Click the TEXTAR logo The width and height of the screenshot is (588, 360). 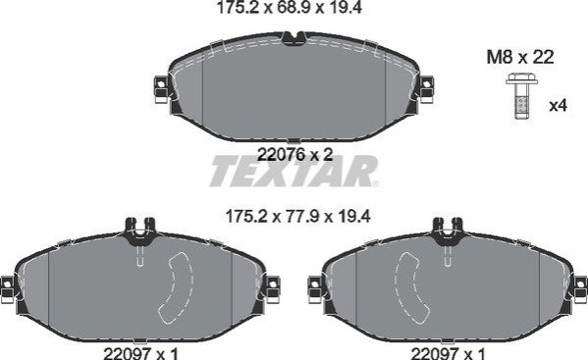[294, 172]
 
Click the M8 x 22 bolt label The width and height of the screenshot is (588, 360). [520, 57]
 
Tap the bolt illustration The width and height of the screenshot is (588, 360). [521, 96]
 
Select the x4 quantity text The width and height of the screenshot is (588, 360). [558, 106]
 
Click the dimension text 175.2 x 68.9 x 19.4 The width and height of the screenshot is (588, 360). [290, 8]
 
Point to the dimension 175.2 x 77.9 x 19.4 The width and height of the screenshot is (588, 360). [298, 216]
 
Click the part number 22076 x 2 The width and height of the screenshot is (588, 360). [295, 154]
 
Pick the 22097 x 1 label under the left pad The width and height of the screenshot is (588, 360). [141, 353]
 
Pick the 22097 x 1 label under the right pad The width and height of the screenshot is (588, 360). [449, 353]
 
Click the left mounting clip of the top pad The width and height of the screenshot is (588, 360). [161, 89]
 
